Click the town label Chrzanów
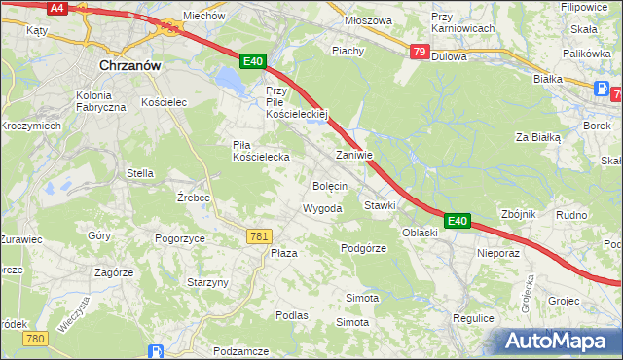click(x=129, y=65)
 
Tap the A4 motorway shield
click(x=57, y=8)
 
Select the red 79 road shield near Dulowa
click(x=418, y=52)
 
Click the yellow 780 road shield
click(x=36, y=338)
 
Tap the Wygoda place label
click(x=322, y=209)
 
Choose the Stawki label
click(x=380, y=205)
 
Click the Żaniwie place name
click(x=354, y=155)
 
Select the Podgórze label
click(x=364, y=248)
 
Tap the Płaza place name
click(x=283, y=252)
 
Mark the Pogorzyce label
click(x=179, y=237)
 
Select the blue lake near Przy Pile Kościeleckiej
click(x=229, y=78)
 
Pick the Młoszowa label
click(x=368, y=19)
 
